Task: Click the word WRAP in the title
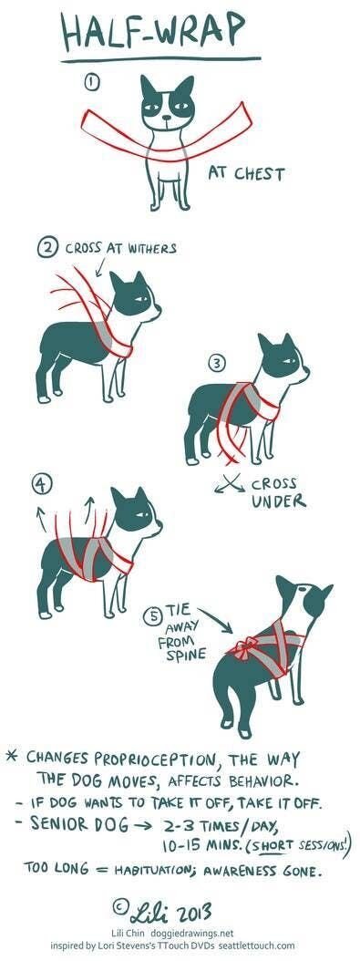200,33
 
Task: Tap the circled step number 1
91,82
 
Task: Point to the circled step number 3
216,364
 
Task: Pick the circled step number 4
40,484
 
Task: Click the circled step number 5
156,615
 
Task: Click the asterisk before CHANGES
12,758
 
